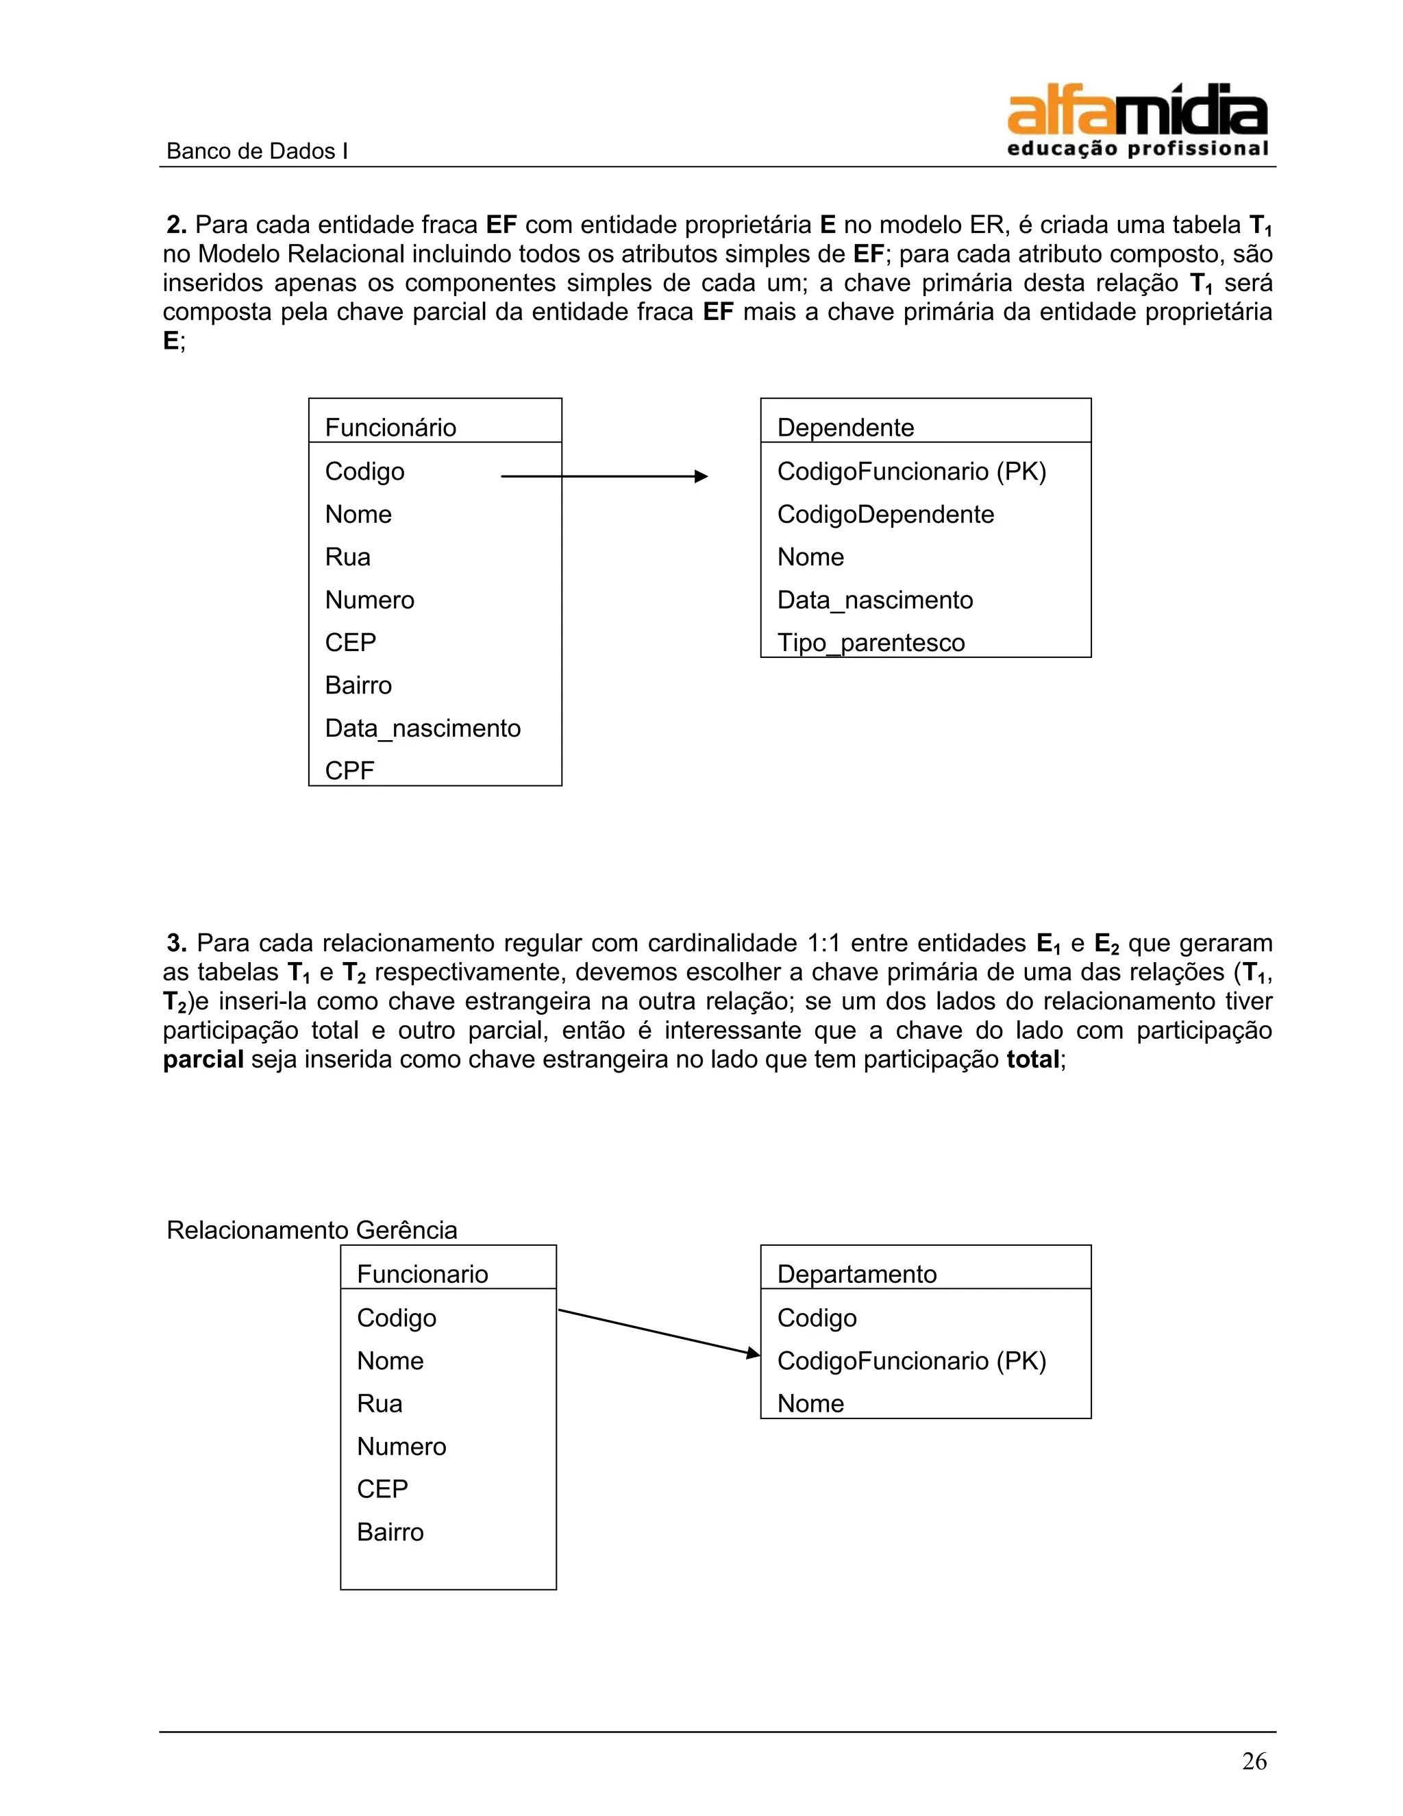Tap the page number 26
click(x=1254, y=1760)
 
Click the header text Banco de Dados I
click(x=257, y=151)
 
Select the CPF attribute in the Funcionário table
click(x=349, y=771)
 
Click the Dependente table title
click(x=845, y=428)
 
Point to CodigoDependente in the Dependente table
click(x=885, y=515)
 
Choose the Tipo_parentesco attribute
click(x=870, y=643)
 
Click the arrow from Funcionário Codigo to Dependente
click(x=604, y=476)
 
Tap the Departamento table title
click(x=856, y=1274)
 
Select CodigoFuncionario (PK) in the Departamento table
click(x=911, y=1360)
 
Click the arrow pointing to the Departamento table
click(x=658, y=1332)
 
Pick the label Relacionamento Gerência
click(x=312, y=1230)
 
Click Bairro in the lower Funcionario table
click(x=390, y=1532)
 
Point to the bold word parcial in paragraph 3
click(x=203, y=1059)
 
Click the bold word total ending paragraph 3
click(x=1032, y=1059)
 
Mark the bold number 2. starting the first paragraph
click(x=176, y=225)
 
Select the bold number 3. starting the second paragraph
click(x=176, y=944)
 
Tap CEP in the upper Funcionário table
click(x=350, y=643)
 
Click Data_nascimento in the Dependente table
click(x=874, y=600)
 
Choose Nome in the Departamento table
click(x=810, y=1403)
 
